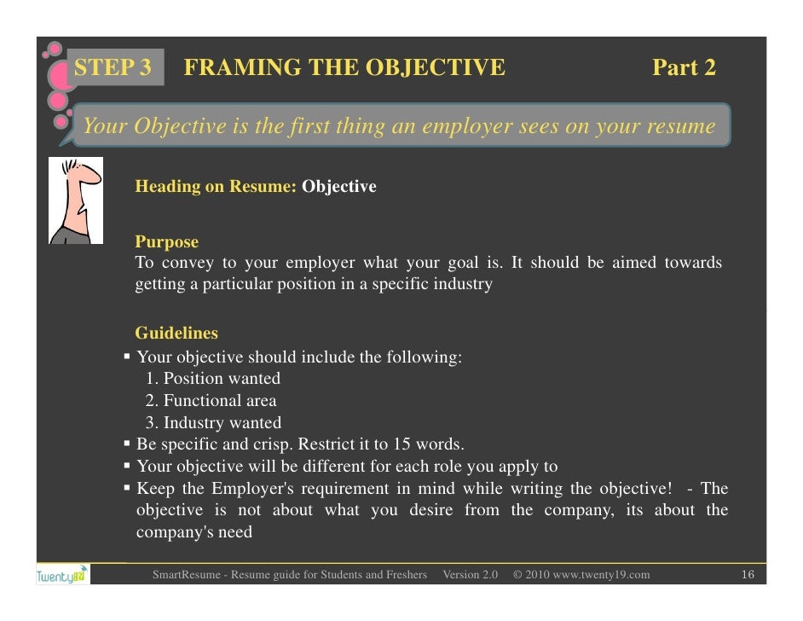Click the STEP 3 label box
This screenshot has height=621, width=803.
click(x=113, y=68)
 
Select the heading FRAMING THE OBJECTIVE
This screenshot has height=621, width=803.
click(x=344, y=68)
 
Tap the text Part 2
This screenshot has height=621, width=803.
click(x=684, y=68)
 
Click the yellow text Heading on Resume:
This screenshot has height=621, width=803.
click(x=216, y=187)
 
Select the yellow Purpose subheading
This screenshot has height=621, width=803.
click(x=166, y=242)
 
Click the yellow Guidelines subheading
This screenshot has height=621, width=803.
click(x=176, y=334)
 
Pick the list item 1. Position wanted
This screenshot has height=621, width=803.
click(x=213, y=378)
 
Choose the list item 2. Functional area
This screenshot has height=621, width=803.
click(x=211, y=400)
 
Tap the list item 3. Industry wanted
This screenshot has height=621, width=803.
click(x=213, y=422)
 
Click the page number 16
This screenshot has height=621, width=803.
click(x=748, y=575)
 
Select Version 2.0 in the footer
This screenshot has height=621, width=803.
click(x=470, y=575)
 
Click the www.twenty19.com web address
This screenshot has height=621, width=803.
click(x=601, y=575)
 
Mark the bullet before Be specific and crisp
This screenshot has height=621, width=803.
click(x=127, y=444)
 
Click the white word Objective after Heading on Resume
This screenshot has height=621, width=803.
click(x=339, y=187)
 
